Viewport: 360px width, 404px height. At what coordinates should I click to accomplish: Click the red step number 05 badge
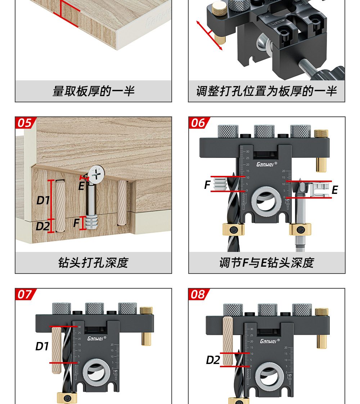pos(24,123)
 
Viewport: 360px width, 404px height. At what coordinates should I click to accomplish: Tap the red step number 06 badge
pos(198,123)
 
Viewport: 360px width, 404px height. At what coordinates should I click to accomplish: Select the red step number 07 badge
pos(24,294)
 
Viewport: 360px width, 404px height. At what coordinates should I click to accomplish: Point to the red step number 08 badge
pos(198,294)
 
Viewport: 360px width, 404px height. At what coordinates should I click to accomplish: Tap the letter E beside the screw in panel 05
pos(81,186)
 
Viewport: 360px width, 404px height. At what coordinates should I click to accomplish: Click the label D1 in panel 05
pos(43,200)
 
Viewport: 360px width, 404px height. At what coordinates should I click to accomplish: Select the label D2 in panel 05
pos(43,226)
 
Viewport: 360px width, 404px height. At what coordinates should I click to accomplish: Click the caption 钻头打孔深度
pos(93,263)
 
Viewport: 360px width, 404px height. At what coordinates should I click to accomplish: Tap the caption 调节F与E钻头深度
pos(266,263)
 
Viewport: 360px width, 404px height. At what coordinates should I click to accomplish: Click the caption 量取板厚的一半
pos(93,91)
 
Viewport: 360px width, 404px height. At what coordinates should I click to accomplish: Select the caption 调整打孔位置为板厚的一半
pos(266,91)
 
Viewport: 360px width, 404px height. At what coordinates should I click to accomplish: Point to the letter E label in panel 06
pos(335,190)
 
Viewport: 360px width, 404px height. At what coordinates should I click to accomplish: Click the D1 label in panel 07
pos(42,346)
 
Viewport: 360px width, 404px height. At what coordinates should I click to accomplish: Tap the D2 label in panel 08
pos(213,360)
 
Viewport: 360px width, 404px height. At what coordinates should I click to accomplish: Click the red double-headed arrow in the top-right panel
pos(209,35)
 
